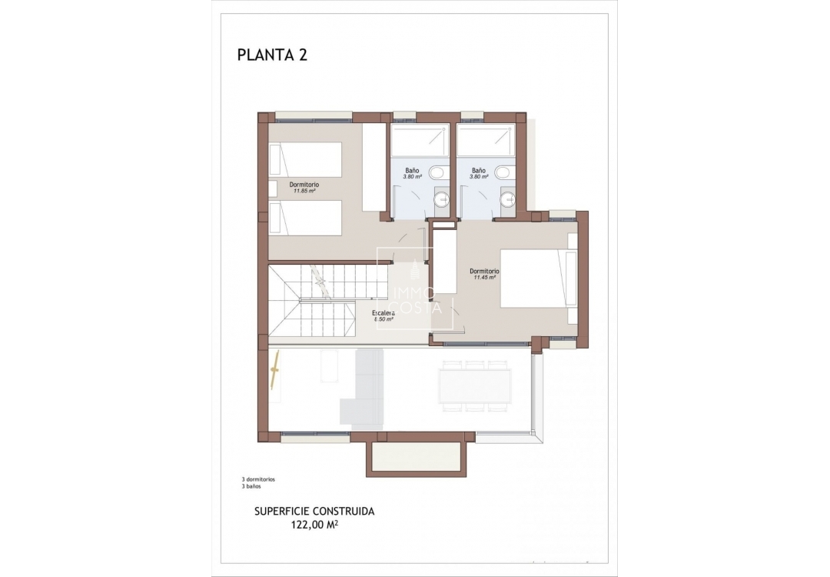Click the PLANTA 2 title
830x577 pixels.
coord(272,55)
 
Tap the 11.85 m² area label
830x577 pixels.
coord(304,192)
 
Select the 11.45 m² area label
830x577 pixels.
coord(484,278)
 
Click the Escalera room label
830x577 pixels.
coord(383,312)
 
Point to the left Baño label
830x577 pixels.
coord(412,170)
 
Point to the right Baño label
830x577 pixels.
coord(479,170)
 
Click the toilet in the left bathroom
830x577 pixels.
coord(437,172)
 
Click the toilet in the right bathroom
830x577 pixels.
coord(504,172)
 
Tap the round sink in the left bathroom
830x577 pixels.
coord(441,200)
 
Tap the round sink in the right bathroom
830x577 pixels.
coord(507,200)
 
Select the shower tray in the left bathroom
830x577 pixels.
coord(420,140)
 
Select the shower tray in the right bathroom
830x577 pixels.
coord(486,140)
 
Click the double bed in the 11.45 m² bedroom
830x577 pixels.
coord(536,278)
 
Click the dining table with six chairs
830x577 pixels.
coord(475,385)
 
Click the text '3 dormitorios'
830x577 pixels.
coord(258,479)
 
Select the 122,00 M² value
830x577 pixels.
coord(315,525)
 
